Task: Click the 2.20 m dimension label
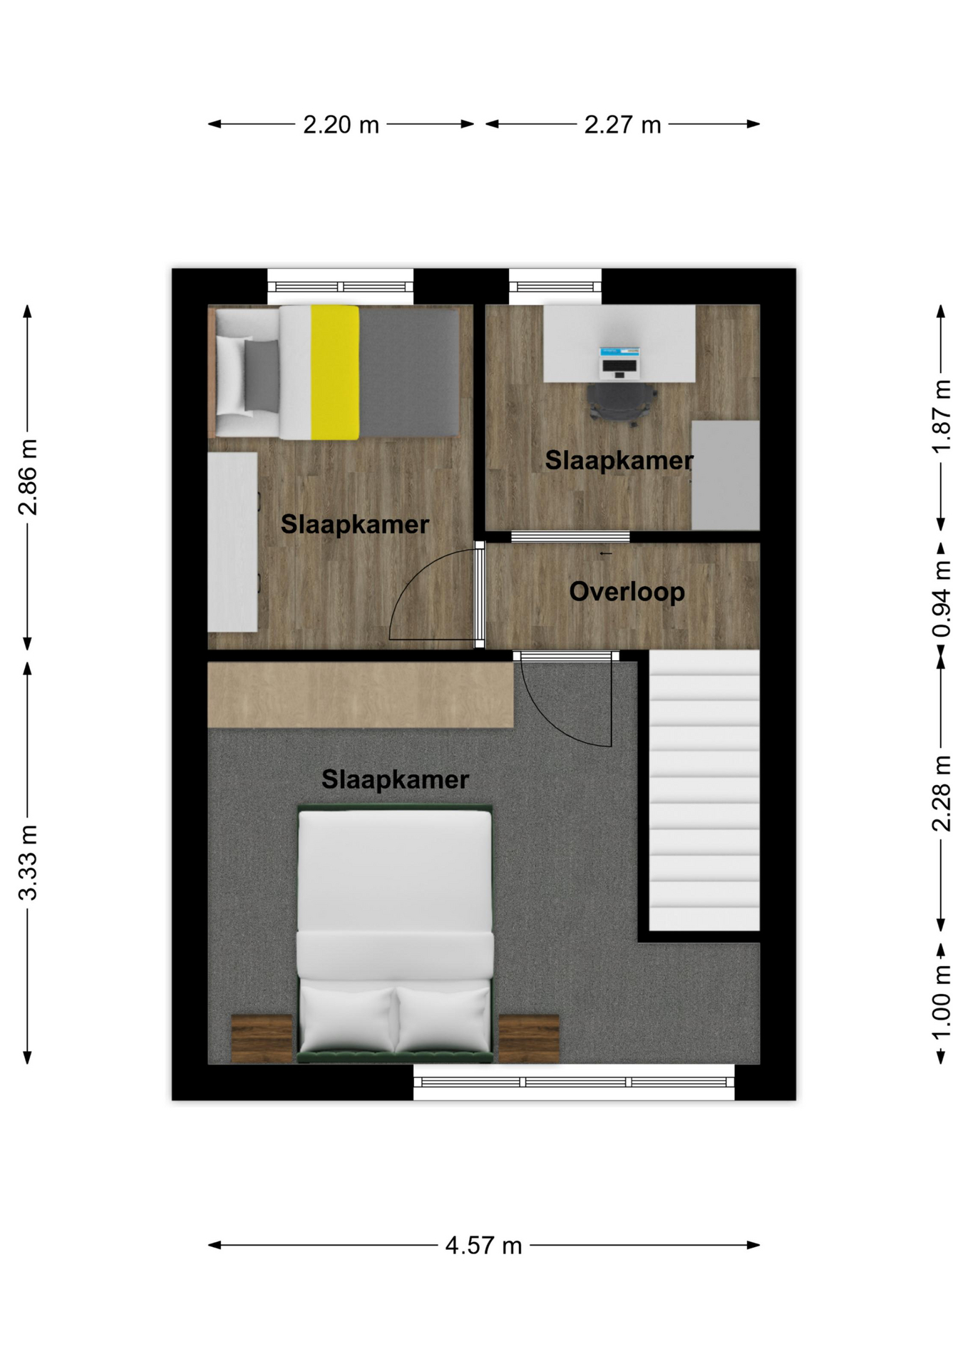coord(341,125)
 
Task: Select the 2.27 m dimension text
coord(622,125)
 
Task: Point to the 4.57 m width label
coord(483,1246)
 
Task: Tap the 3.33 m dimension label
coord(28,863)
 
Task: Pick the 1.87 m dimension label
coord(942,416)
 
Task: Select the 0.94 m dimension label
coord(942,599)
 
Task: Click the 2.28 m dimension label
coord(942,794)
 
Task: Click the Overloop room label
coord(627,592)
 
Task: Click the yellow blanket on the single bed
coord(335,372)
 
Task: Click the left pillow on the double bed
coord(347,1019)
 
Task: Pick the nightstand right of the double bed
coord(528,1039)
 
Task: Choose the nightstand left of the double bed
coord(262,1039)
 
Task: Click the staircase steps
coord(704,790)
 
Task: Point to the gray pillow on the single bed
coord(262,376)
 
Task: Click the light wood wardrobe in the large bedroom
coord(360,694)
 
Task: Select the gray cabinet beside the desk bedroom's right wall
coord(726,475)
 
